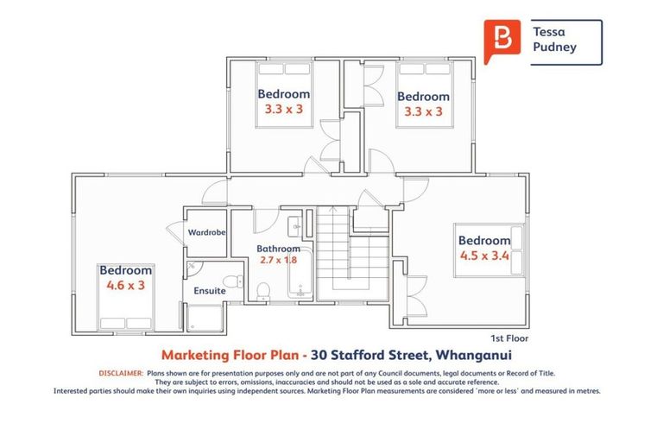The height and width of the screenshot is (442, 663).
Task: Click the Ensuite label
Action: point(210,291)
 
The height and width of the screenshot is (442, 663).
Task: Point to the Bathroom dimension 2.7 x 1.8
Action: point(277,259)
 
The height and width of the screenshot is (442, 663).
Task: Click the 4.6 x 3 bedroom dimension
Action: point(125,284)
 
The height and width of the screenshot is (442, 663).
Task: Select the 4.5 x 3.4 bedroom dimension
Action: point(484,255)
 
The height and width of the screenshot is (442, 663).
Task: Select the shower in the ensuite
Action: point(204,317)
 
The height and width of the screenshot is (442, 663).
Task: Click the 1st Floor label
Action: point(508,338)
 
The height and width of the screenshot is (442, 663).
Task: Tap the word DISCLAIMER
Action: point(120,373)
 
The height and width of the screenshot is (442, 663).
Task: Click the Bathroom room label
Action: point(277,249)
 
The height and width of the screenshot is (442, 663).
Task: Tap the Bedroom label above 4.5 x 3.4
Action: point(484,240)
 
